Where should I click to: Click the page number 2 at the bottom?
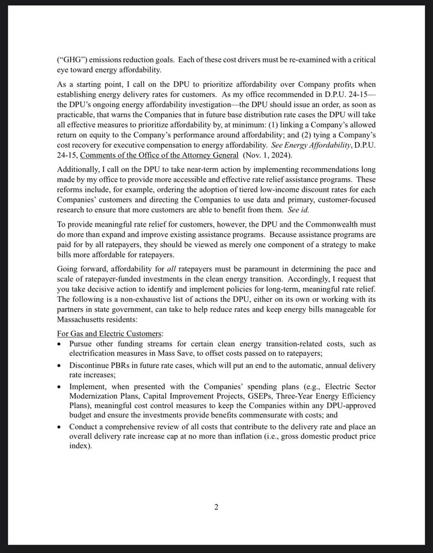[x=216, y=507]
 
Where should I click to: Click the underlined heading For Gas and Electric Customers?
[x=109, y=333]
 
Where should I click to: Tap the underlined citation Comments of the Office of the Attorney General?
[x=159, y=155]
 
